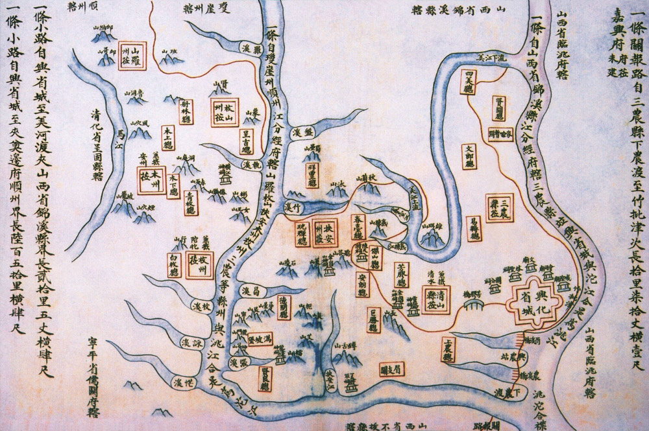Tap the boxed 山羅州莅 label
tap(134, 53)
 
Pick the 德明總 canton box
tap(284, 308)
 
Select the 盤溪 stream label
tap(298, 132)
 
